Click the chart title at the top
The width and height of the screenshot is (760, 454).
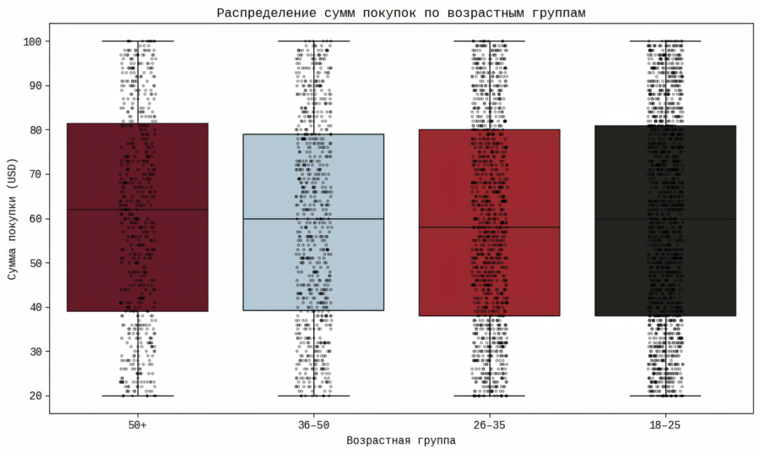tap(401, 13)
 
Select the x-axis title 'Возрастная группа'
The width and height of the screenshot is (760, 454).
tap(401, 440)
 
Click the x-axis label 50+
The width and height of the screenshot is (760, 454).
tap(138, 424)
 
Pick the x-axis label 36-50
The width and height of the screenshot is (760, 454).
tap(313, 424)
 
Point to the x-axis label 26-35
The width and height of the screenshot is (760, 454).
tap(489, 424)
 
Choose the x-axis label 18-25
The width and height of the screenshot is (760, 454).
tap(665, 424)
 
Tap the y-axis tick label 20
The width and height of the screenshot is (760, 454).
tap(36, 396)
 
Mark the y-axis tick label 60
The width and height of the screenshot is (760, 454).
tap(36, 218)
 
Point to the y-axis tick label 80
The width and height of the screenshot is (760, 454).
tap(36, 130)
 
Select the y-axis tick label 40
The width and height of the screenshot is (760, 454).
tap(36, 307)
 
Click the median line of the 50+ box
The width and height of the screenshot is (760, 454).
tap(138, 210)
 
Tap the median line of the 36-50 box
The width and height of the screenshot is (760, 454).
tap(313, 219)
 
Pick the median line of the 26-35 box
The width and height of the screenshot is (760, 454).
tap(489, 227)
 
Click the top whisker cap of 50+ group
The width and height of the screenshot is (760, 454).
tap(138, 41)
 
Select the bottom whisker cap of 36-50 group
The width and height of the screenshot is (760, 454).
tap(313, 396)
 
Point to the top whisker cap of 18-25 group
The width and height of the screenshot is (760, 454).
tap(665, 41)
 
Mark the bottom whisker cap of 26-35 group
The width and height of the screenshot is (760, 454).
tap(489, 396)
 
